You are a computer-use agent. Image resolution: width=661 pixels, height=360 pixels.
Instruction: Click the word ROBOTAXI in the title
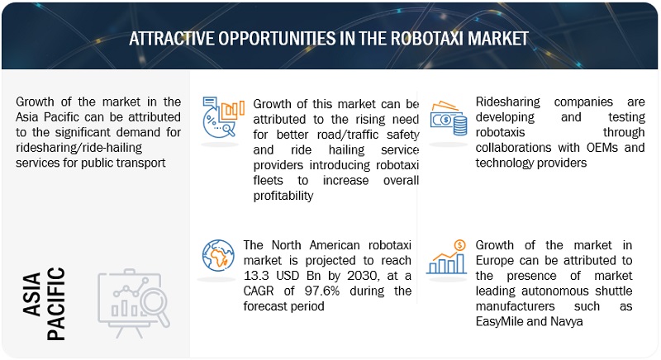426,38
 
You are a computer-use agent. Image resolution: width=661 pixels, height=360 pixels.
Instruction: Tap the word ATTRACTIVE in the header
171,38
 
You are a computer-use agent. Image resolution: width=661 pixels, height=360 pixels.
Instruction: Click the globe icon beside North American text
218,256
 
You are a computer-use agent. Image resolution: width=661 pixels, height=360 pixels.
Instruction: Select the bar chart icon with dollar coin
446,257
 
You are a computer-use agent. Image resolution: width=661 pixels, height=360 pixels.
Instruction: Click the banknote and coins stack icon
448,118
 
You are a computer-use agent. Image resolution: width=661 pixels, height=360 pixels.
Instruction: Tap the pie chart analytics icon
223,117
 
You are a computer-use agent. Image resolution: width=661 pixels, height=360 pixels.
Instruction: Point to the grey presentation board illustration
134,303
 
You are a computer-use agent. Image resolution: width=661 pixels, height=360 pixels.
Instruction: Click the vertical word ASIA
32,294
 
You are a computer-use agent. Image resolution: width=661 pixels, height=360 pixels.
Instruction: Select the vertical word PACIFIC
56,304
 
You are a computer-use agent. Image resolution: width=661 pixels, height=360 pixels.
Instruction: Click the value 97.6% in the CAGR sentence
321,291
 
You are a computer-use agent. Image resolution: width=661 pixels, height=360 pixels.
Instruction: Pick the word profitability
283,196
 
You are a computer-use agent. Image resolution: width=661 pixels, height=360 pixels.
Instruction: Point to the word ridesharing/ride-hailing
78,148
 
